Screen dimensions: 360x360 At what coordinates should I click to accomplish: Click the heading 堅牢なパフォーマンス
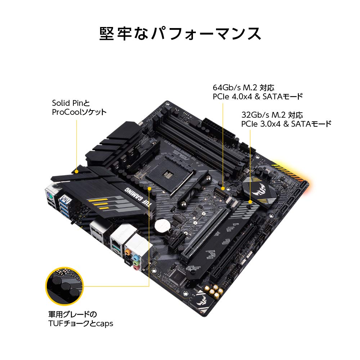(x=180, y=34)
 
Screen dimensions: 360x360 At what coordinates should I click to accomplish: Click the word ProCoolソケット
(x=79, y=112)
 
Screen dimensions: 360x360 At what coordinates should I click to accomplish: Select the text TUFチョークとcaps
(x=81, y=323)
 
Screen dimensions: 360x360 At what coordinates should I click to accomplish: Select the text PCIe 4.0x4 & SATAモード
(x=257, y=96)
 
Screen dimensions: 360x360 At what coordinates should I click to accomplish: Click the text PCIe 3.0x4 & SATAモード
(x=286, y=124)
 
